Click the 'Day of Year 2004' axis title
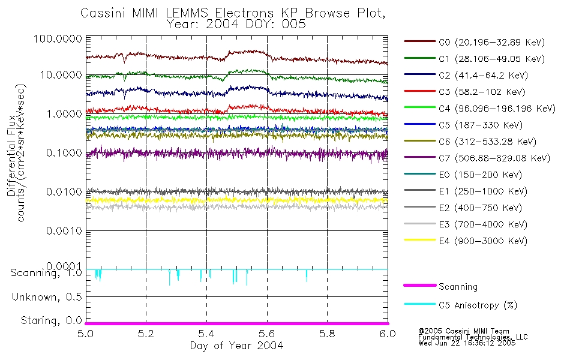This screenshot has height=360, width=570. [236, 346]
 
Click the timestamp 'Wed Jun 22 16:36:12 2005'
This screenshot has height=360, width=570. [473, 344]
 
